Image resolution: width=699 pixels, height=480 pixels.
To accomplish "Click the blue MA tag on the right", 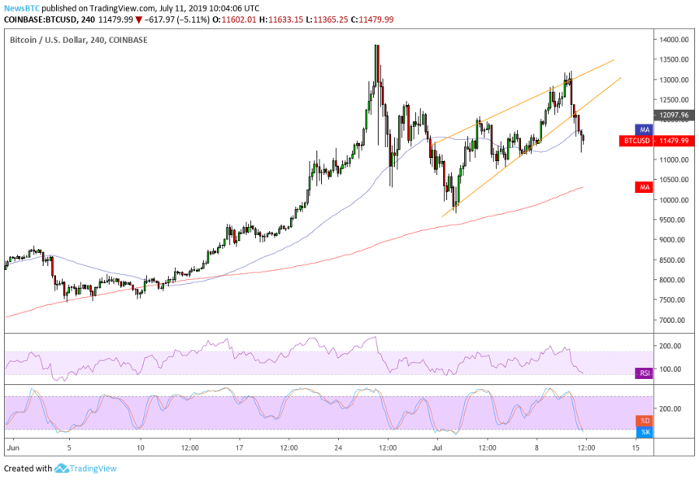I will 644,129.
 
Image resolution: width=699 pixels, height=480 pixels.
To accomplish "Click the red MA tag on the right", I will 644,187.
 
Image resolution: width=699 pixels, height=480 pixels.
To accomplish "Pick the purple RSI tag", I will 643,373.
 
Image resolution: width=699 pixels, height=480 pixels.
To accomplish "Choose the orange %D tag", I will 644,421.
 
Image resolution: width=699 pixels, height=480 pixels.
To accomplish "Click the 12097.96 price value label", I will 673,116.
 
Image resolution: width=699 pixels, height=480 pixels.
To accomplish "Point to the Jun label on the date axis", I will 11,447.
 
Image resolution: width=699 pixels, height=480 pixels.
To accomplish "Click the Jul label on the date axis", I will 437,447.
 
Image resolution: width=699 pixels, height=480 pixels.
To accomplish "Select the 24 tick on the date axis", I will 338,447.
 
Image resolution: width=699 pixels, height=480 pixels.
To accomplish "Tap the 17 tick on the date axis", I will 239,447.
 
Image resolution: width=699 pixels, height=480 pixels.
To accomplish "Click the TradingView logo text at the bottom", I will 97,468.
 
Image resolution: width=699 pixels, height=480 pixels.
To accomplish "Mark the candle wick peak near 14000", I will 376,46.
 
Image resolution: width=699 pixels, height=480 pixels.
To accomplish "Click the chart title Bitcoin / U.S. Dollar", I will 50,39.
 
